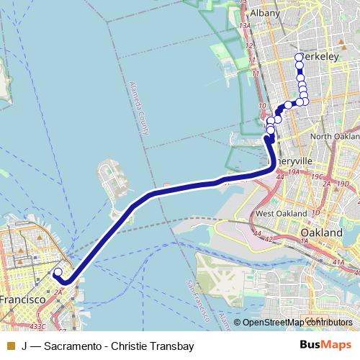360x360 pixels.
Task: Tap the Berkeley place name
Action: (x=319, y=56)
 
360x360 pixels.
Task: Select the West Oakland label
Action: (x=277, y=214)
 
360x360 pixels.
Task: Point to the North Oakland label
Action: (x=336, y=137)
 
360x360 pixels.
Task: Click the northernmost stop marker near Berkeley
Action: (x=300, y=58)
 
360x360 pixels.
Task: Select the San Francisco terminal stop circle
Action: (x=58, y=272)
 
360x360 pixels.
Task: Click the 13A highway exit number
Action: (x=243, y=25)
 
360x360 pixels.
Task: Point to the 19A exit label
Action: (x=293, y=173)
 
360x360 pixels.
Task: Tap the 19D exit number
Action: (x=343, y=183)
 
